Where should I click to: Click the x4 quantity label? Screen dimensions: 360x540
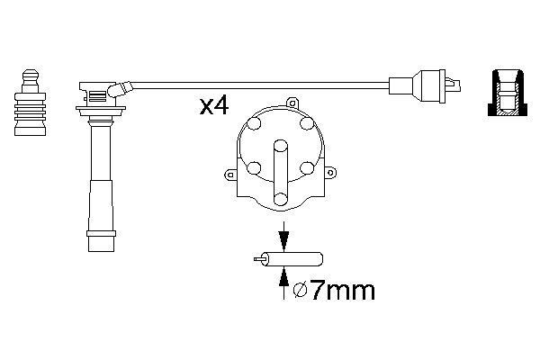pos(214,106)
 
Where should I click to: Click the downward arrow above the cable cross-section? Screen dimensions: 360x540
pos(284,240)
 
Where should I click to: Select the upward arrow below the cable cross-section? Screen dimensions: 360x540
pos(284,279)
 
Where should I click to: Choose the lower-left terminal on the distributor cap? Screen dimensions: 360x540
pos(252,168)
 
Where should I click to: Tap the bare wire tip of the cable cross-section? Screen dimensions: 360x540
pos(259,259)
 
